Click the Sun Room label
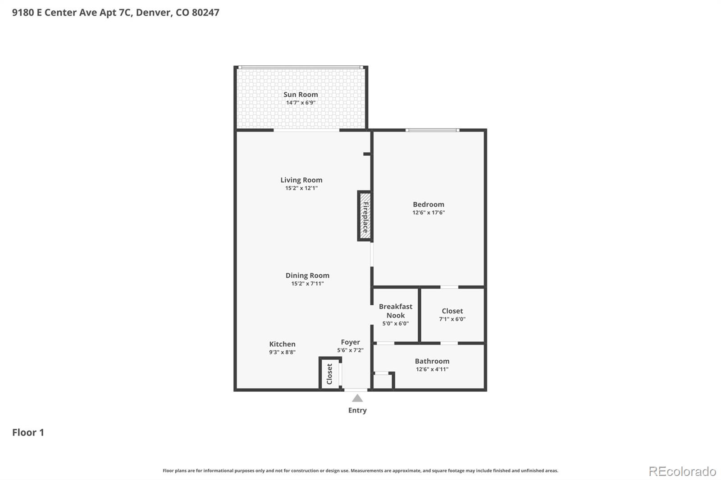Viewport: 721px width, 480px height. (300, 95)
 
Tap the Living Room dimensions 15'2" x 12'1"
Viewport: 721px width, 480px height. (301, 188)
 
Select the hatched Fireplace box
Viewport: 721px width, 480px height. (365, 216)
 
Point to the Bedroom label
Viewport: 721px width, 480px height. (429, 204)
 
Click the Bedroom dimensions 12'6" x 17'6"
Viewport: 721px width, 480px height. (429, 213)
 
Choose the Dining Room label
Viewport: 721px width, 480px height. (307, 276)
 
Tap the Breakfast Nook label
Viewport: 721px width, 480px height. (396, 311)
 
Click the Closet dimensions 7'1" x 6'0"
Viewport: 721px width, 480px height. (452, 319)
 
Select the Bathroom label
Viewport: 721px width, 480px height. (432, 361)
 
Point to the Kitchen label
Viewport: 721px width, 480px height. (282, 344)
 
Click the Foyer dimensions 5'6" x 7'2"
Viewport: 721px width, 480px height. (350, 350)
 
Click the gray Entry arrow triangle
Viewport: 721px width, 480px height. (357, 398)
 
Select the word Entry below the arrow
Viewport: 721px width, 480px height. (357, 410)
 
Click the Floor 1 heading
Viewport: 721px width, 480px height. (28, 432)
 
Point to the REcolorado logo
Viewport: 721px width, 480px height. (682, 471)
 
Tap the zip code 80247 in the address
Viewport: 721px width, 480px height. (205, 12)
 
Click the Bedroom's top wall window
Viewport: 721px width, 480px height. (432, 130)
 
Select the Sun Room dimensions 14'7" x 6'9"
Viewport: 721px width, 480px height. (301, 103)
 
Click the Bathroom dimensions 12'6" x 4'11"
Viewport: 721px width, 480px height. (432, 369)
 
